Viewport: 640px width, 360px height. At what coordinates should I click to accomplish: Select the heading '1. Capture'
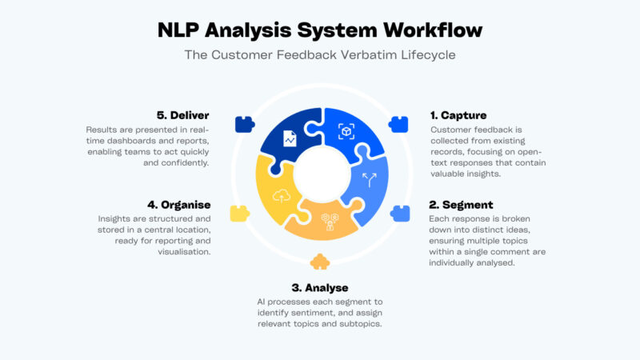(458, 115)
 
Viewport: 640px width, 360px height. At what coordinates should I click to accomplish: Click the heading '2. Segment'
(462, 205)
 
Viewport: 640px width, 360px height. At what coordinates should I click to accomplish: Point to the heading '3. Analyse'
(319, 287)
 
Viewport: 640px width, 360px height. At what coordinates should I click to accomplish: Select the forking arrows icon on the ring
(370, 181)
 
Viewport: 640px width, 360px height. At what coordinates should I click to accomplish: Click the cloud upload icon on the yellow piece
(282, 194)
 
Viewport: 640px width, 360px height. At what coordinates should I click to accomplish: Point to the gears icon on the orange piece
(328, 222)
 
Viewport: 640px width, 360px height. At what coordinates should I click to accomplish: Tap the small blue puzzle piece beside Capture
(398, 124)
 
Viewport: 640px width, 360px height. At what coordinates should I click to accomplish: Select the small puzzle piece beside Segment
(398, 214)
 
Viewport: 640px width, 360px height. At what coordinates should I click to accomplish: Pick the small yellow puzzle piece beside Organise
(238, 214)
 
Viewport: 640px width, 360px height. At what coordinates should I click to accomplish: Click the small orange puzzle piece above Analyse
(319, 262)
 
